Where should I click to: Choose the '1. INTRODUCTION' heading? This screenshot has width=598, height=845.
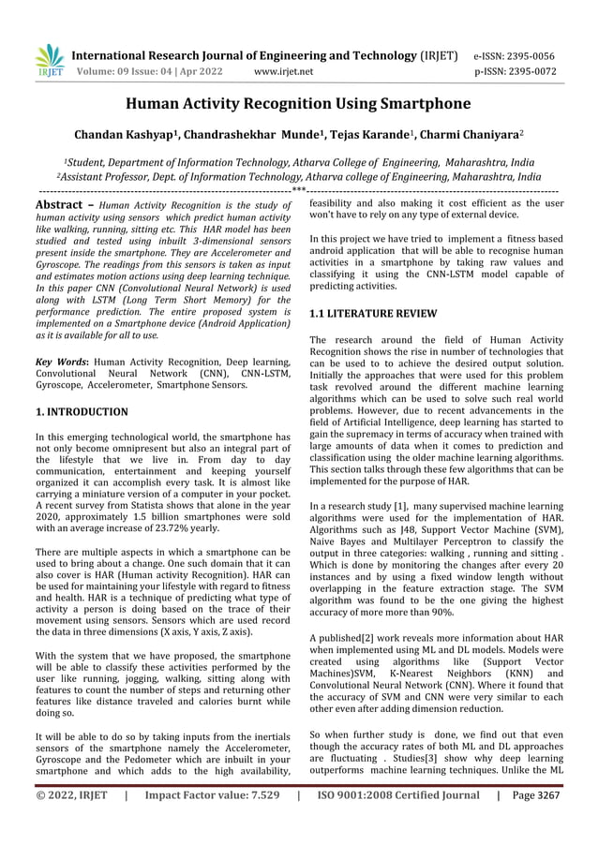click(82, 411)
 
